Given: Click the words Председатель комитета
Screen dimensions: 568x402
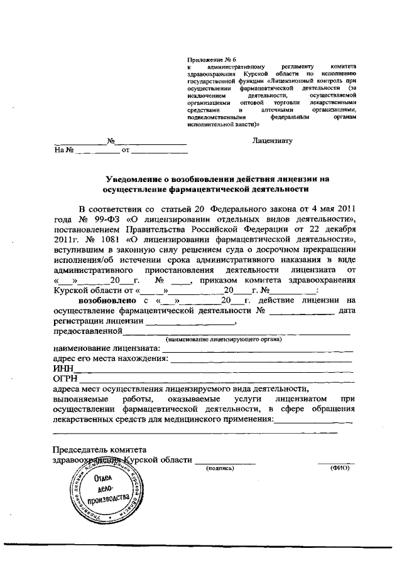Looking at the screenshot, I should point(100,449).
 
